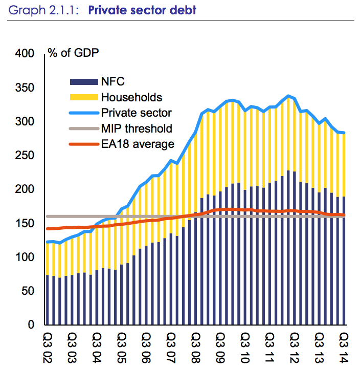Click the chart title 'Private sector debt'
click(142, 9)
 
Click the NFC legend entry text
click(112, 81)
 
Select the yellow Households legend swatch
click(83, 97)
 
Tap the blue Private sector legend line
click(83, 113)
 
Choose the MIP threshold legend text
click(137, 128)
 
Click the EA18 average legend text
click(138, 144)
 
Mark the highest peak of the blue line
click(288, 96)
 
